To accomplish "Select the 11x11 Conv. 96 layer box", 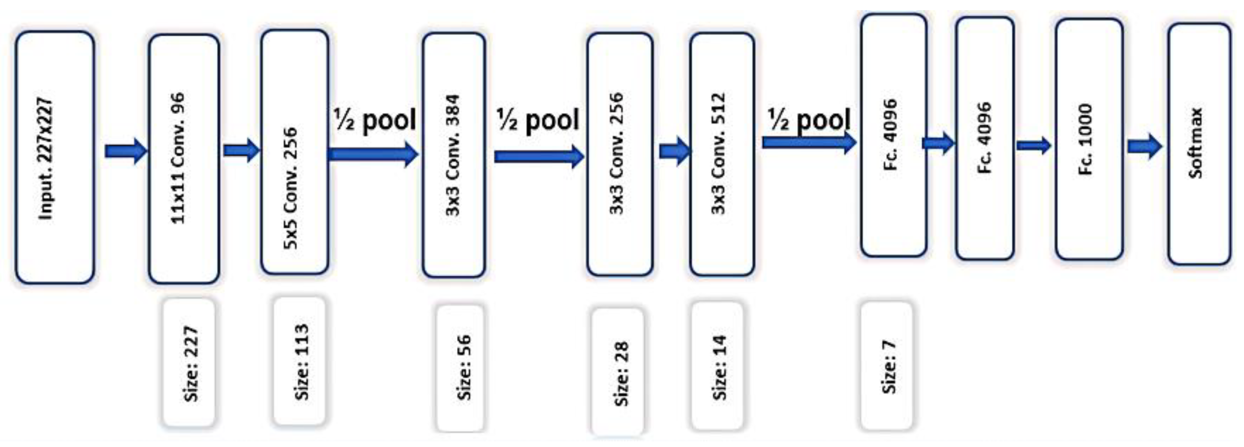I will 183,158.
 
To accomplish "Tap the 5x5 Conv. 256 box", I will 294,152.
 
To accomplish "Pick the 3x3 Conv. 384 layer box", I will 454,155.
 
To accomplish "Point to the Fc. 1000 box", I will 1089,139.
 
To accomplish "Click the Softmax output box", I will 1199,144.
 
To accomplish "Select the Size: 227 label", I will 189,363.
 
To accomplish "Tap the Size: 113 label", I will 299,361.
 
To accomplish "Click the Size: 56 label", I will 460,367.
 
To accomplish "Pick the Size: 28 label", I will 617,372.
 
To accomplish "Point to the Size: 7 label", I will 886,366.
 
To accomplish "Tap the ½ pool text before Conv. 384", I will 375,120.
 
